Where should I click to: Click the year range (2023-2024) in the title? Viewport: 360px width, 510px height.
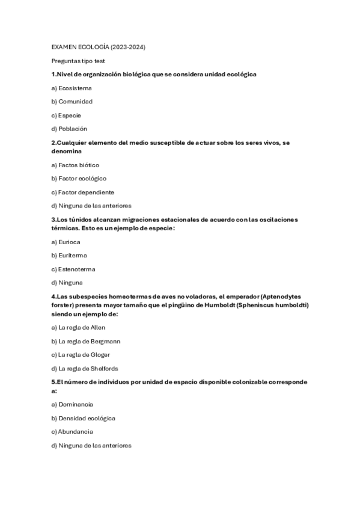[x=128, y=47]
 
